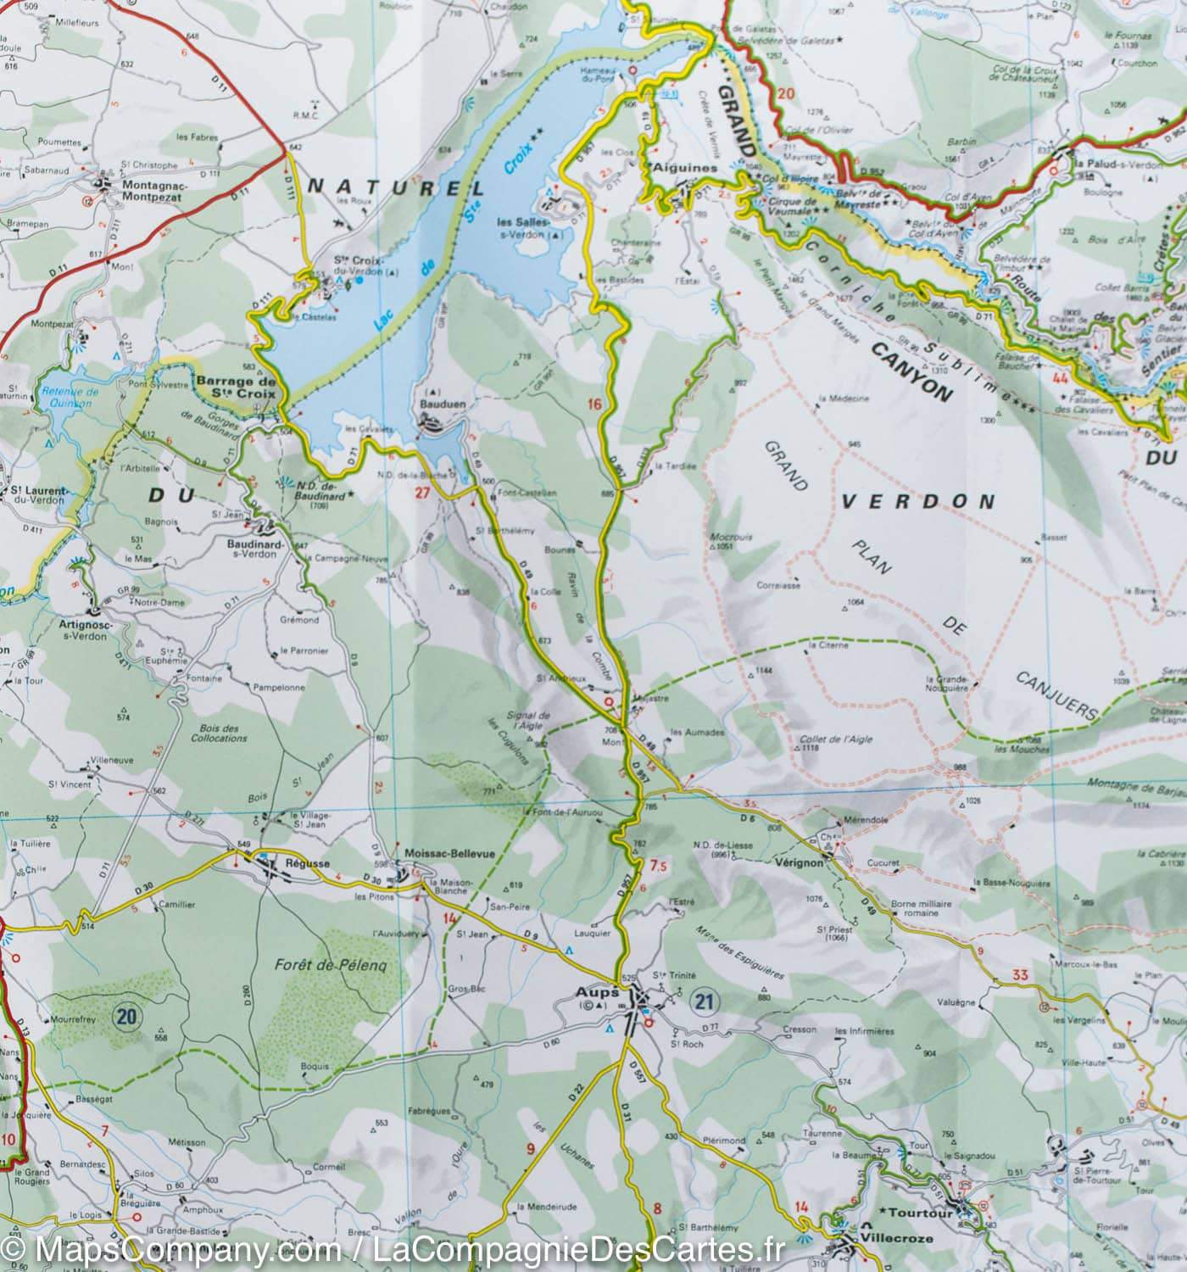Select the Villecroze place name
click(897, 1239)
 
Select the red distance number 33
click(1019, 975)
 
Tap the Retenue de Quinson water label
click(70, 398)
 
